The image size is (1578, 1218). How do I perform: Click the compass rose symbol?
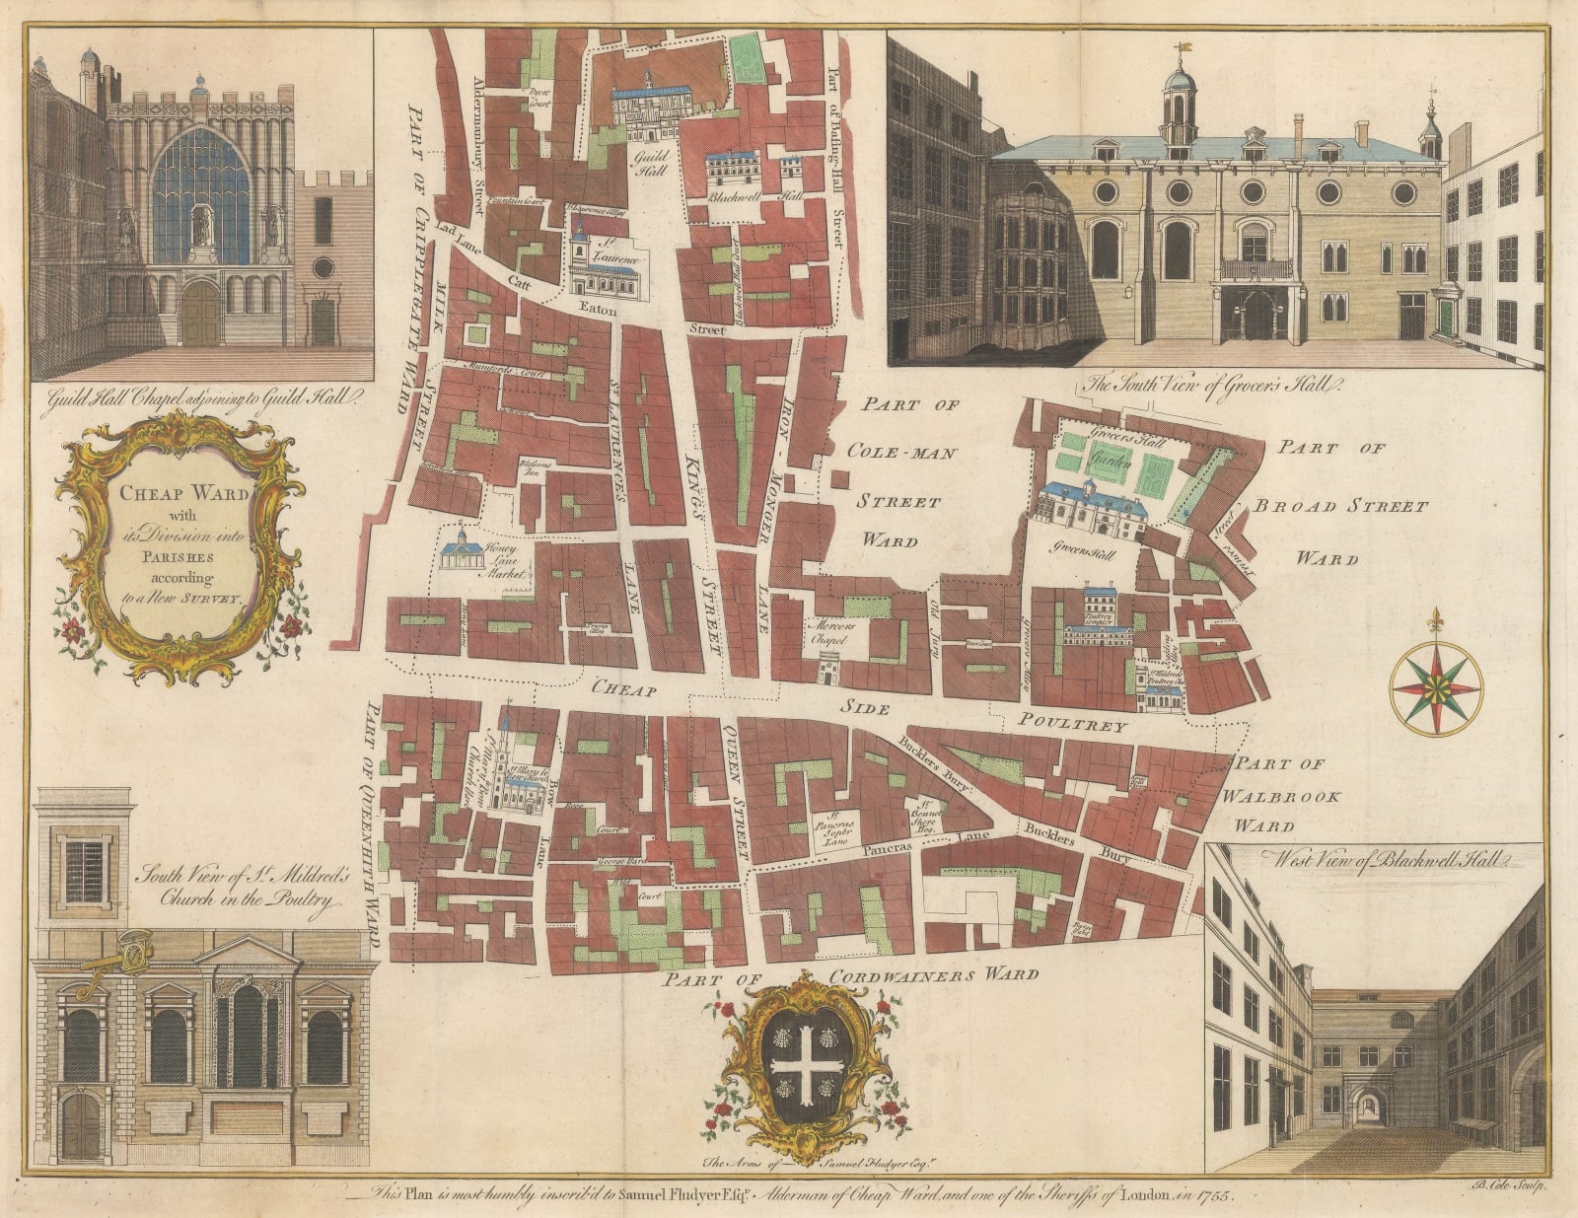[x=1435, y=687]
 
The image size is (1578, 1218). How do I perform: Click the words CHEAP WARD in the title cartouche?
[x=185, y=493]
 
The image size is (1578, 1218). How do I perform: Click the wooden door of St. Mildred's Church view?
[x=80, y=1125]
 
